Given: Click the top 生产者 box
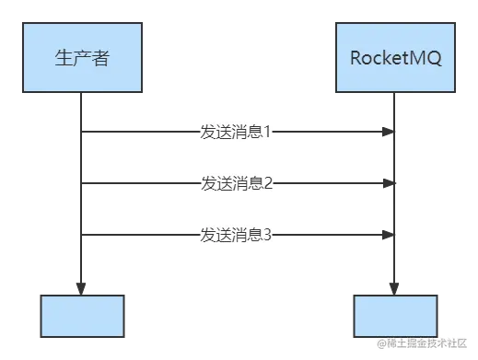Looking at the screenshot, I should point(83,58).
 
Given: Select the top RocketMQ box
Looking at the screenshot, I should point(396,58).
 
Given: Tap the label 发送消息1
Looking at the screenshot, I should point(236,132).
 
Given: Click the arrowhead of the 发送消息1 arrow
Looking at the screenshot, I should point(385,134).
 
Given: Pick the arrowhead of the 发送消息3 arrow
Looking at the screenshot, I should point(385,237).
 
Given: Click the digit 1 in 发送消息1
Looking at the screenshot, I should point(268,132).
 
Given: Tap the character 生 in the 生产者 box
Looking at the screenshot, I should point(64,58).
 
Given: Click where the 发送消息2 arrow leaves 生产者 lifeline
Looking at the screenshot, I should point(87,182).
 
